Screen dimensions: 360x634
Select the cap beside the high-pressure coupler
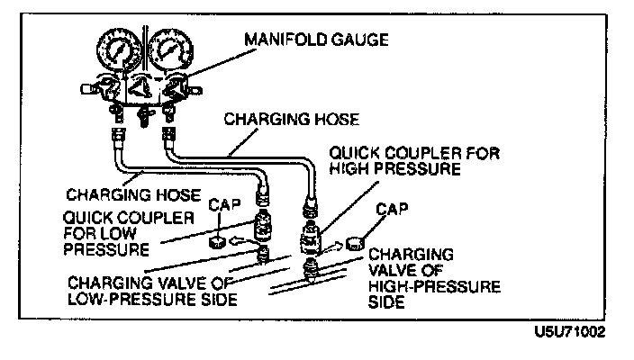tap(355, 244)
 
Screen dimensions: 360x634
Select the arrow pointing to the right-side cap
tap(331, 244)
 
